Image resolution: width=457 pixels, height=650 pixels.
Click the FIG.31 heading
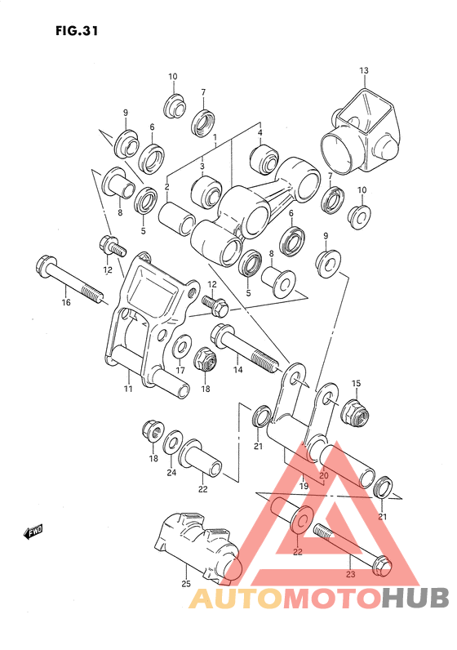pos(78,32)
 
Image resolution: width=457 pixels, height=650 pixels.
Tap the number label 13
pos(364,70)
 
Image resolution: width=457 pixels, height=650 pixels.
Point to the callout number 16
pos(66,303)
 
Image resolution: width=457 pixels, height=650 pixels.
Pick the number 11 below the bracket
pos(127,390)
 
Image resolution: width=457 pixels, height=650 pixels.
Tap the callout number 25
pos(185,583)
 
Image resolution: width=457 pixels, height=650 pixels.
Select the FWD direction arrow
pos(33,533)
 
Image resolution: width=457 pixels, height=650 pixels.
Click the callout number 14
pos(238,370)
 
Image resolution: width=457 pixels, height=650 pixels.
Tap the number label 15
pos(355,383)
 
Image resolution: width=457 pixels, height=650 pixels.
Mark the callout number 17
pos(180,370)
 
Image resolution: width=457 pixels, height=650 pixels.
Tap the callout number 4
pos(260,132)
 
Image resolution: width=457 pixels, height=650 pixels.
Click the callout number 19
pos(304,487)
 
